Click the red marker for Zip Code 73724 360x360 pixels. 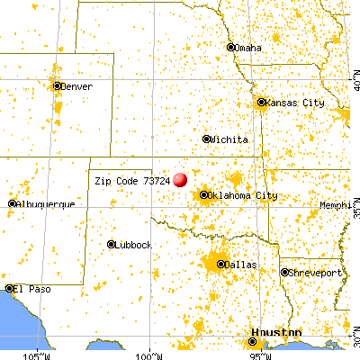[181, 180]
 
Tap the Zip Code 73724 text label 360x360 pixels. [132, 180]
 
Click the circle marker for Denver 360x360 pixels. [58, 86]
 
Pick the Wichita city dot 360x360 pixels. [206, 139]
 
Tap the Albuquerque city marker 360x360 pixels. [12, 204]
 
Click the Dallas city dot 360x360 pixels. [220, 265]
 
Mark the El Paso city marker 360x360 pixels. [9, 289]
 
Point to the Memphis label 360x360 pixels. [338, 206]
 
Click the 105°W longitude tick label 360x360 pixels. [37, 353]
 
